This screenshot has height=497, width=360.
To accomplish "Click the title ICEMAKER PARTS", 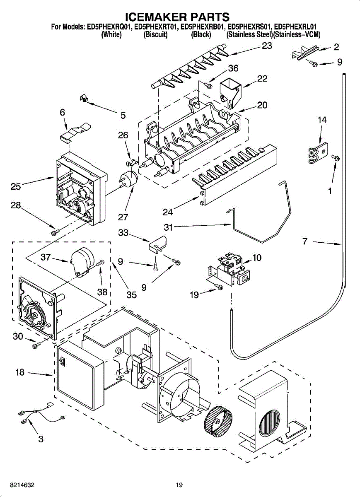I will coord(177,17).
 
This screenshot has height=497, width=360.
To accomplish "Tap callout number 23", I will coord(267,46).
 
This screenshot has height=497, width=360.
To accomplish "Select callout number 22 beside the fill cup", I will coord(262,79).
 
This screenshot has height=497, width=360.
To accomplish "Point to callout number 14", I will coord(322,120).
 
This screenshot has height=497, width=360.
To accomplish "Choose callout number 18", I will coord(20,372).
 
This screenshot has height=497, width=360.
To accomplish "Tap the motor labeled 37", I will coord(82,260).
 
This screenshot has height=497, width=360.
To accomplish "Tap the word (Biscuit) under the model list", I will coord(155,35).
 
